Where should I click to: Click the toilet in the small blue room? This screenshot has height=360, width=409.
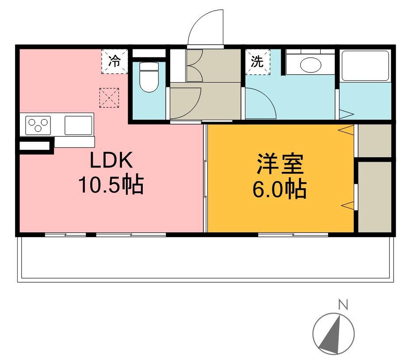click(x=149, y=77)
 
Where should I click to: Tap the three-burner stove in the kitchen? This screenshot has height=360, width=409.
click(x=38, y=125)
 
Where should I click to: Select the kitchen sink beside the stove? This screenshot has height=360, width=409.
click(x=78, y=125)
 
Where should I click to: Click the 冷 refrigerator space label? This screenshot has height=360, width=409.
click(x=115, y=61)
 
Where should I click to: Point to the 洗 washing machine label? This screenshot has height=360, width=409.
click(x=257, y=62)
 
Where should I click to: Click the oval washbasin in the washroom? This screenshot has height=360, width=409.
click(x=310, y=64)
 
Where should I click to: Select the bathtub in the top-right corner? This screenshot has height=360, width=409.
click(x=365, y=66)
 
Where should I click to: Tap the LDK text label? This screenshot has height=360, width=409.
click(x=111, y=160)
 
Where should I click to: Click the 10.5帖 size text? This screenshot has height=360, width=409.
click(x=111, y=185)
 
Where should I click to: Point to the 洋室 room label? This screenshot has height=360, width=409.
click(x=280, y=164)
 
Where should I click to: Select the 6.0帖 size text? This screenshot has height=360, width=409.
click(x=279, y=189)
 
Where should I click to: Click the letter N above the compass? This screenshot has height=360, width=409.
click(x=343, y=304)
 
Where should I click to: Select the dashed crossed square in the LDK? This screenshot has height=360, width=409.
click(x=109, y=98)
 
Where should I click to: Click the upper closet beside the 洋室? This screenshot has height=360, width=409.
click(x=375, y=140)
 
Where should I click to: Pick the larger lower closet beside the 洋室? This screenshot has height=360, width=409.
click(x=375, y=197)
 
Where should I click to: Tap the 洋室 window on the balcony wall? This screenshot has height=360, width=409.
click(x=293, y=235)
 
